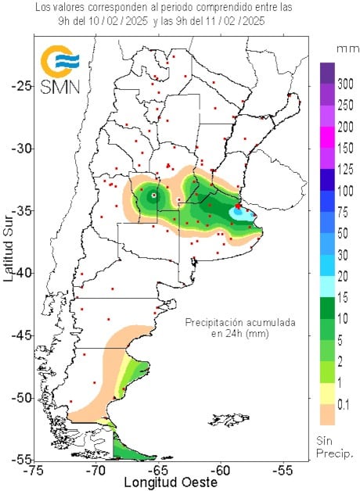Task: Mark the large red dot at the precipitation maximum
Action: (238, 206)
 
